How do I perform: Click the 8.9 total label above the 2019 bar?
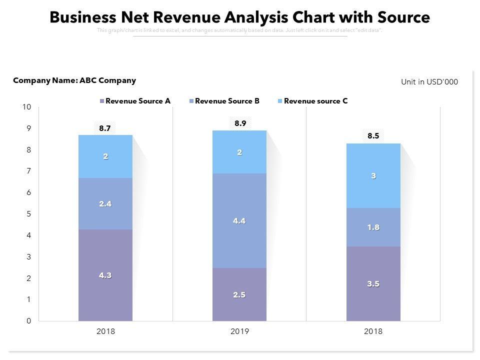point(240,123)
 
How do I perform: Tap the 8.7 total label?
point(105,128)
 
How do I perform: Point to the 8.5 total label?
point(373,135)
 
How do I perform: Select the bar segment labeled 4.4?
point(239,220)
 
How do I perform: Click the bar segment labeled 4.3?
point(105,275)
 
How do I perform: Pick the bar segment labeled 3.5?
point(373,283)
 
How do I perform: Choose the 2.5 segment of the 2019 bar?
point(239,294)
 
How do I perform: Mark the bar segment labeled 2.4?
point(105,203)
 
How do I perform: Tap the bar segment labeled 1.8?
point(373,227)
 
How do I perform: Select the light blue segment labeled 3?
point(373,175)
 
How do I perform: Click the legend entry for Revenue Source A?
point(135,101)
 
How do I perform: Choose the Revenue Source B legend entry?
point(224,101)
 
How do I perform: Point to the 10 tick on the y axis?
point(27,107)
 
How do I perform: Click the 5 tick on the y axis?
point(29,214)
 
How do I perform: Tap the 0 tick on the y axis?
point(29,321)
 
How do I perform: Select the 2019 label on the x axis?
point(239,331)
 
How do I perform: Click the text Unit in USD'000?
point(429,82)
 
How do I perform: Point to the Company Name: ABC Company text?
point(74,80)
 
